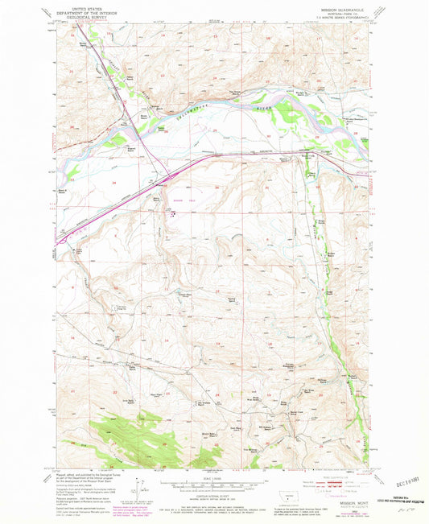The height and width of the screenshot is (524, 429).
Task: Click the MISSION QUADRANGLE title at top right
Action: [343, 10]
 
